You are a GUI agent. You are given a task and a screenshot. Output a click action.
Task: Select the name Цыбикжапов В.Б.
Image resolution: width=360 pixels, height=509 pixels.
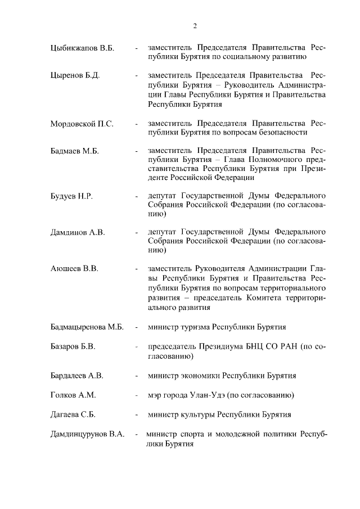coord(82,48)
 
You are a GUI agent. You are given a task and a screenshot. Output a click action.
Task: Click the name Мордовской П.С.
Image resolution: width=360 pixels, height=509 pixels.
coord(82,123)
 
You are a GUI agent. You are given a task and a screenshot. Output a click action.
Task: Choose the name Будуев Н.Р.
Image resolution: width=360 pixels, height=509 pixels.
coord(71,196)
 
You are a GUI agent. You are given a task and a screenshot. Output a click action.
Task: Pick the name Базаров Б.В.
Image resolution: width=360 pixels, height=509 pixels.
coord(73,346)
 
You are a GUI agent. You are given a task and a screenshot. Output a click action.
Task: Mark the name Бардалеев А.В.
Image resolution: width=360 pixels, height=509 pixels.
coord(77,375)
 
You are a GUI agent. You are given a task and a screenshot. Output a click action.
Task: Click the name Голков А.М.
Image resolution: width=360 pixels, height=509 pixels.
coord(73,395)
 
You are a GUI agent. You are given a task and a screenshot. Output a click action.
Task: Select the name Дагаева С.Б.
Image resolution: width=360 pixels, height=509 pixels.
coord(73,415)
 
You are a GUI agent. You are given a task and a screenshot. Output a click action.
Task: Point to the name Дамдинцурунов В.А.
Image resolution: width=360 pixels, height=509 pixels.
coord(87,435)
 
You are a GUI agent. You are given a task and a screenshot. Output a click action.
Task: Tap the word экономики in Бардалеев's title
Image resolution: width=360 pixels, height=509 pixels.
coord(201,375)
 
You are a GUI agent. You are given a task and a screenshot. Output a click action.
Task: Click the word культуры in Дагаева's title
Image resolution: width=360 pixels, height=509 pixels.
coord(198,415)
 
